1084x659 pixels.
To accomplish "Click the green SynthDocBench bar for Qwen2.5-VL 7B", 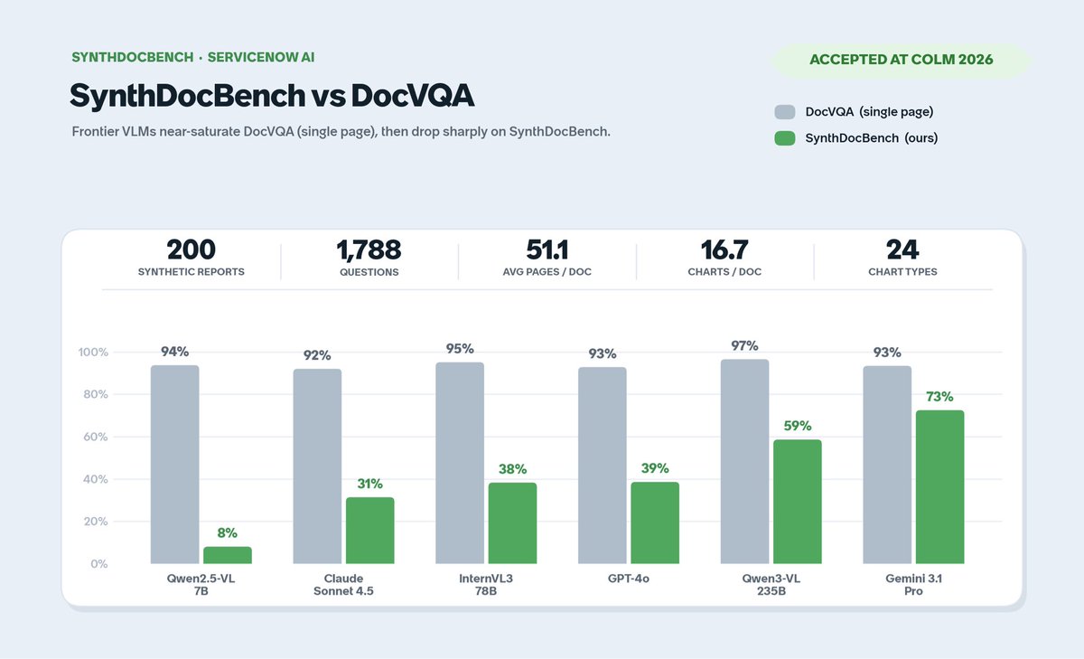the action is pos(228,555).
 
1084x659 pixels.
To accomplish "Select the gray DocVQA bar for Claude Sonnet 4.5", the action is pos(317,466).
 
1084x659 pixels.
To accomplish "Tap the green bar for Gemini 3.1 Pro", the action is pos(939,487).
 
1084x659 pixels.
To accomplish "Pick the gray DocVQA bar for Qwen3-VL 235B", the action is pos(744,461).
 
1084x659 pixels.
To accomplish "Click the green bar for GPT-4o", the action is pos(655,522).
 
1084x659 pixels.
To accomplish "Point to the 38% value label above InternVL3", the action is pos(512,468).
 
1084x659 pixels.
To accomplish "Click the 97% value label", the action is pos(744,345).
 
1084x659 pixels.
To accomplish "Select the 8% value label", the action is pos(228,533).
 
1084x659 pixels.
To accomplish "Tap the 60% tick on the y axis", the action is pos(96,437).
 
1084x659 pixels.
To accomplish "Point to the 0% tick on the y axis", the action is pos(98,563).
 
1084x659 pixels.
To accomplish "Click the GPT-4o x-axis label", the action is pos(629,579).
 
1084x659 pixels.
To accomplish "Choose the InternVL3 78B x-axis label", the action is pos(486,585).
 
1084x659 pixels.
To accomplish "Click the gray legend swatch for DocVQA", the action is pos(785,112).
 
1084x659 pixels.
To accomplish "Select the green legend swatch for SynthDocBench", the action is pos(785,138).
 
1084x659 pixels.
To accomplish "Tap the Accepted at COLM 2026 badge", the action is pos(902,60).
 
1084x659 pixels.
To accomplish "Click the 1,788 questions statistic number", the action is pos(369,249).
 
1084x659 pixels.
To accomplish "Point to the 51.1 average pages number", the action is pos(547,249).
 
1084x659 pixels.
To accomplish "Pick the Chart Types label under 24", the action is pos(902,271).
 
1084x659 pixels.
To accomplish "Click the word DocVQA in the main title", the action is pos(412,95).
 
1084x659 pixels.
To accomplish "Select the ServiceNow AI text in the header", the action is pos(261,57).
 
